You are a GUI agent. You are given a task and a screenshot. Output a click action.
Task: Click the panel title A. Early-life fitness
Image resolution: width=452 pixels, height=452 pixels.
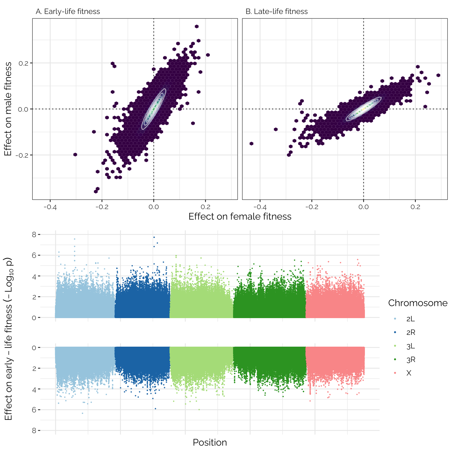click(x=68, y=11)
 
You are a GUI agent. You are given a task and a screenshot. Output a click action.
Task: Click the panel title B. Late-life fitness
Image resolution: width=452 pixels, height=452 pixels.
click(x=277, y=11)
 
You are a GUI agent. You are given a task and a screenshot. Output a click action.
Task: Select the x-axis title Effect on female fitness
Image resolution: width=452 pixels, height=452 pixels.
click(x=240, y=217)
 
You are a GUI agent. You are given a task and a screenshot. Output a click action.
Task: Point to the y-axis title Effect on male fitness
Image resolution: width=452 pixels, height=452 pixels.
click(x=8, y=109)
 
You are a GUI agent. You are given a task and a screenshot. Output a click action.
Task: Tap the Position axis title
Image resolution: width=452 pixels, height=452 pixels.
click(x=210, y=442)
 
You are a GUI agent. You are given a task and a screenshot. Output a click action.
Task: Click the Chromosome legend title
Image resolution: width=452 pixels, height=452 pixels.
click(x=418, y=303)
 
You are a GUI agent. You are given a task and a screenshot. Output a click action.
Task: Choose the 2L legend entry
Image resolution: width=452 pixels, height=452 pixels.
click(x=410, y=319)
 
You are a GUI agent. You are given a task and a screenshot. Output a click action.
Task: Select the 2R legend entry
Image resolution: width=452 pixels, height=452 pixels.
click(x=411, y=333)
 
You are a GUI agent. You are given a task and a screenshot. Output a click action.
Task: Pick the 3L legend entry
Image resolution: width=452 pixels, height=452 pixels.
click(x=410, y=346)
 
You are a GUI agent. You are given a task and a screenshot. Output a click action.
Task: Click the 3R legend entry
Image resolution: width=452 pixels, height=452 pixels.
click(x=411, y=360)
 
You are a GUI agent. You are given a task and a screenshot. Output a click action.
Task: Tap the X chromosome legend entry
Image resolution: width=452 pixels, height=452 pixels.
click(x=409, y=373)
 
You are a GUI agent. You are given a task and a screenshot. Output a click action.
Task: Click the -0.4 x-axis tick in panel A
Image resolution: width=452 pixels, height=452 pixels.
click(x=50, y=207)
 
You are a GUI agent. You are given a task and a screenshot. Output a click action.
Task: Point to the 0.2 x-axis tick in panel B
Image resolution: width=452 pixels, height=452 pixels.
click(x=415, y=207)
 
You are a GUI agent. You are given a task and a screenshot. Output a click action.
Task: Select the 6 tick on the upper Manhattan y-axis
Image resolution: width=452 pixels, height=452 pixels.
click(x=34, y=255)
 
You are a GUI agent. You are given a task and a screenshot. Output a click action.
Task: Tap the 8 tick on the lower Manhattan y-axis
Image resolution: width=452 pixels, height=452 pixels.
click(x=34, y=431)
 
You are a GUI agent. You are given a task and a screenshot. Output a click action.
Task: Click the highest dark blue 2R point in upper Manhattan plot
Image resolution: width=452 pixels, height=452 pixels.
click(x=154, y=237)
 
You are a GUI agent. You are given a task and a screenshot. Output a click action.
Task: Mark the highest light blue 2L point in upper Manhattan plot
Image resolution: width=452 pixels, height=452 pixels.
click(x=74, y=239)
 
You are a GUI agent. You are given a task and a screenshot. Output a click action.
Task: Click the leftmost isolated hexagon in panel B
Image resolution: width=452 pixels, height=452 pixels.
click(x=251, y=144)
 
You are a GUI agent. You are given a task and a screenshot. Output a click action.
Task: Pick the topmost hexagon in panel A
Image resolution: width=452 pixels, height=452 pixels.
click(x=197, y=26)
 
